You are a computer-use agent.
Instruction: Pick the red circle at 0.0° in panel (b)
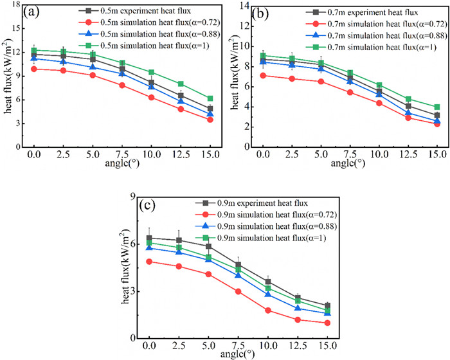coord(262,75)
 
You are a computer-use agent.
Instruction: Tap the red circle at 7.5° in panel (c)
coord(238,291)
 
